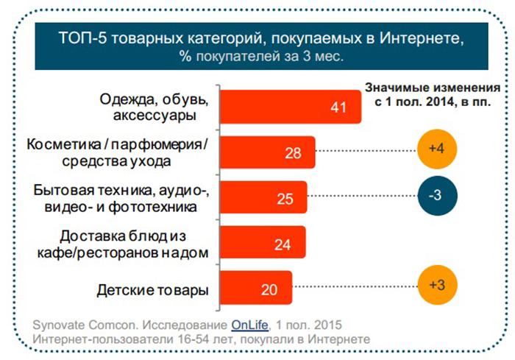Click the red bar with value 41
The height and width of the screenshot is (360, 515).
[x=291, y=107]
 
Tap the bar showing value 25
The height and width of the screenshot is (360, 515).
[x=263, y=198]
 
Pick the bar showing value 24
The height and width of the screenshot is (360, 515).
[x=262, y=244]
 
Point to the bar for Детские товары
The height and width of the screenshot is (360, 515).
[x=255, y=289]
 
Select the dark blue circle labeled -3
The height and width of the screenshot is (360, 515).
[x=438, y=197]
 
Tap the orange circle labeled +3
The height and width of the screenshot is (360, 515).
[x=438, y=284]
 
